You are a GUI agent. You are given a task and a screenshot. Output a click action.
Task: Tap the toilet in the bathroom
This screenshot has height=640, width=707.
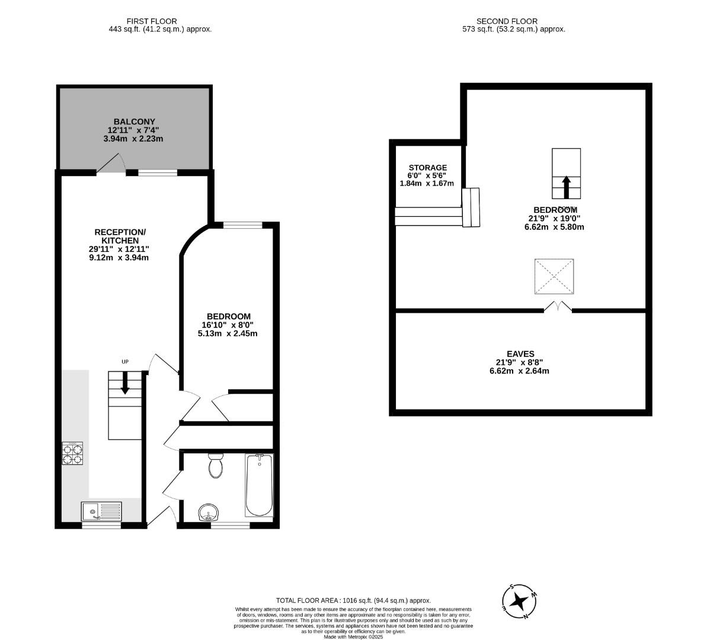click(x=216, y=466)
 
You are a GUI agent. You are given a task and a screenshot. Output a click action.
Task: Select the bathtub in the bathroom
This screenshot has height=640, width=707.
click(x=260, y=485)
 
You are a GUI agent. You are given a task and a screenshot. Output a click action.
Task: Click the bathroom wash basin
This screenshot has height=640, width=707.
click(x=208, y=513)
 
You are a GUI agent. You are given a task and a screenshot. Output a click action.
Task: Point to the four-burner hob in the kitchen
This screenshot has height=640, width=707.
click(x=73, y=454)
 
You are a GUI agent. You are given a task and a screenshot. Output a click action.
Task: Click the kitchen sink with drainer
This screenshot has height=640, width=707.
click(x=101, y=510)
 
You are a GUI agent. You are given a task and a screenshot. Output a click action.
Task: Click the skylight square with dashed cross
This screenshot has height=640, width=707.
click(x=554, y=276)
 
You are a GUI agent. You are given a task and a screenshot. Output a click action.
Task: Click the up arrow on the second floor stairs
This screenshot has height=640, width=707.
click(x=566, y=186)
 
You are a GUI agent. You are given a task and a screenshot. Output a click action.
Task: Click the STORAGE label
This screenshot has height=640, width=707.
click(x=427, y=168)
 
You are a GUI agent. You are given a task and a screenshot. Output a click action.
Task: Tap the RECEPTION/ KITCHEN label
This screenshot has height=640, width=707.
click(x=119, y=236)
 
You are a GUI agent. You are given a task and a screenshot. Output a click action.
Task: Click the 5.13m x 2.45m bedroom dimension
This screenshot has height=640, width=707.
click(x=228, y=334)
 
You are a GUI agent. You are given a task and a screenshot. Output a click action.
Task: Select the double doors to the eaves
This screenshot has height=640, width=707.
click(x=558, y=306)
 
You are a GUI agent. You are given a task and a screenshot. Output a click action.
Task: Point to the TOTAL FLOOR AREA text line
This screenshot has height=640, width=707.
click(x=353, y=600)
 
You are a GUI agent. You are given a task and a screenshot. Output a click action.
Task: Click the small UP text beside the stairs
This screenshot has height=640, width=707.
click(x=125, y=362)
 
